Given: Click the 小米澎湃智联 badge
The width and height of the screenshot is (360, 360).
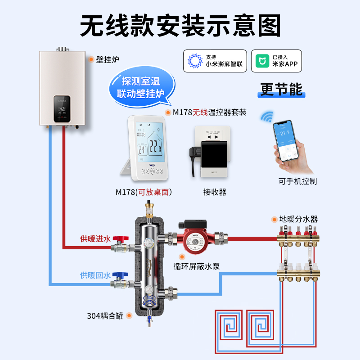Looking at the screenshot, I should pos(215,61).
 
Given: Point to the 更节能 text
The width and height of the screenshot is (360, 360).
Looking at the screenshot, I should pos(282,89).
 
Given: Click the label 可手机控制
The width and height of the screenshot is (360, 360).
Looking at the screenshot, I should pos(297,181).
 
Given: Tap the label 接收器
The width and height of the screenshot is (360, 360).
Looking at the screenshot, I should pos(215,192).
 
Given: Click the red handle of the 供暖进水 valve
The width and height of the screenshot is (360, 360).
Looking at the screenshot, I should pos(119,238).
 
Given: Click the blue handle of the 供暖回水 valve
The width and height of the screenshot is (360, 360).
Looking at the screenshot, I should pos(119,274).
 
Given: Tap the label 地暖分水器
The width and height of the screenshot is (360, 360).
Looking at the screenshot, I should pos(298,219).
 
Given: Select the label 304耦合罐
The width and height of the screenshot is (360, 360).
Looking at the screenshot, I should pos(106,315).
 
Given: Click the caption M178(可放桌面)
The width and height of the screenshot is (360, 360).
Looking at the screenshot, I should pos(144,192).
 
